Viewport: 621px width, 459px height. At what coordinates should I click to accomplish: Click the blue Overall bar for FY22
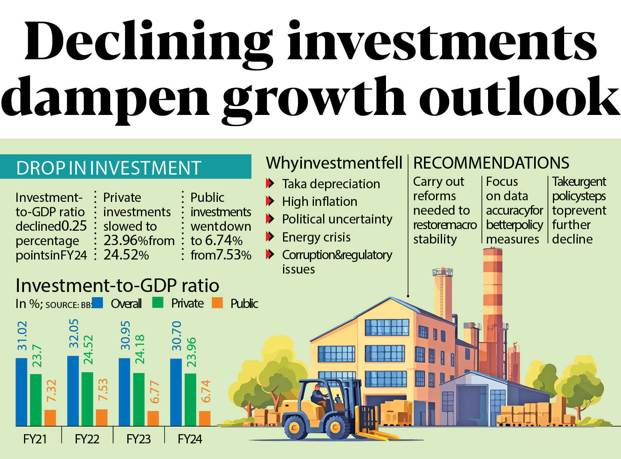tap(73, 391)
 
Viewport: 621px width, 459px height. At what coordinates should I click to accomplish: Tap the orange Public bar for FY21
tap(50, 417)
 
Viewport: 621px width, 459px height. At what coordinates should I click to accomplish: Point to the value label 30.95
tap(125, 335)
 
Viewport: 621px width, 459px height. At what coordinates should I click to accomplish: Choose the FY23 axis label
tap(138, 439)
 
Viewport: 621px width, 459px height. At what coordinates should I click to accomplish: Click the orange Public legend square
tap(217, 303)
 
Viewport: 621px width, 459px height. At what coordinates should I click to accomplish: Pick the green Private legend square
tap(158, 303)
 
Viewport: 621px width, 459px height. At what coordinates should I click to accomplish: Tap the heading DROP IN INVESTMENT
tap(109, 168)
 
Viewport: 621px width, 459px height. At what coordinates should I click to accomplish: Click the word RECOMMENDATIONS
tap(491, 163)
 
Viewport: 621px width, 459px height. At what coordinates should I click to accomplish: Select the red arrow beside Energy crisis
tap(270, 237)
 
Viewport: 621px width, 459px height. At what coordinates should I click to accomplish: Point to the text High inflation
tap(320, 201)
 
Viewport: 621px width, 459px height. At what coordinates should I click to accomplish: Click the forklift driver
tap(318, 395)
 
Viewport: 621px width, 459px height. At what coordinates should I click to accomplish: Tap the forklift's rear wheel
tap(296, 427)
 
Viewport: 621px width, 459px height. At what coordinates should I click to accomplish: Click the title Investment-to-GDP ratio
tap(117, 286)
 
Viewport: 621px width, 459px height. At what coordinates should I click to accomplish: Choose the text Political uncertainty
tap(337, 219)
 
